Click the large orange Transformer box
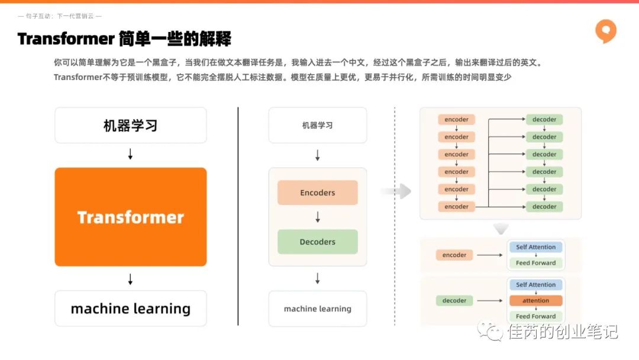point(130,217)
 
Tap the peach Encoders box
point(318,192)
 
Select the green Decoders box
point(318,242)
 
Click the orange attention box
point(536,300)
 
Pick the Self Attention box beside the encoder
point(535,247)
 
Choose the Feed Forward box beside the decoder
point(535,316)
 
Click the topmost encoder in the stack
point(456,120)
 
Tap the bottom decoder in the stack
point(544,207)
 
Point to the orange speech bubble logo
point(606,31)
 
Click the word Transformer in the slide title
point(66,39)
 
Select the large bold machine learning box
point(130,308)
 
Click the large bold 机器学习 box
point(130,125)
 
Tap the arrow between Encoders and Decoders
point(318,217)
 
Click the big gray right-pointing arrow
point(396,191)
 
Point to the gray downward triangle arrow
point(501,229)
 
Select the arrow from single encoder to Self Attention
point(489,255)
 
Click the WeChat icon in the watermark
point(490,331)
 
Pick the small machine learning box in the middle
point(318,308)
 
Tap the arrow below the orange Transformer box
point(130,279)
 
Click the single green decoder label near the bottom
point(454,300)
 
